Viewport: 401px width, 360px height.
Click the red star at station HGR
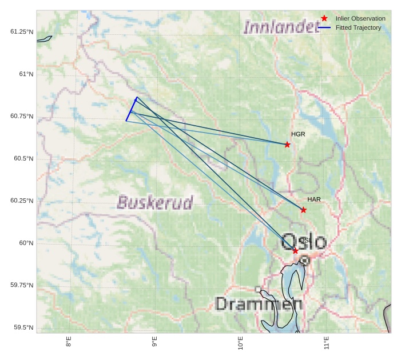click(287, 145)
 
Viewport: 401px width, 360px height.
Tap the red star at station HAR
click(303, 210)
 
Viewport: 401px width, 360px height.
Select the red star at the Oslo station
click(295, 251)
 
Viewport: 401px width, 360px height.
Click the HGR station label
click(298, 134)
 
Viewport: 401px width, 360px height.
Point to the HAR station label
click(314, 199)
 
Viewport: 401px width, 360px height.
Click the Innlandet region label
click(281, 26)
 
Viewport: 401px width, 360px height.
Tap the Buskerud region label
click(155, 202)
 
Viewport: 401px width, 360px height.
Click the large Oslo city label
click(304, 242)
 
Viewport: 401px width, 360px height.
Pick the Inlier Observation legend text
click(360, 19)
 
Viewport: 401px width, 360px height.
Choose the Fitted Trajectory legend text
click(358, 27)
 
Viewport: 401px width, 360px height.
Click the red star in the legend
click(324, 19)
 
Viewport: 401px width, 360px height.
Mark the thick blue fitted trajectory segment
click(131, 109)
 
